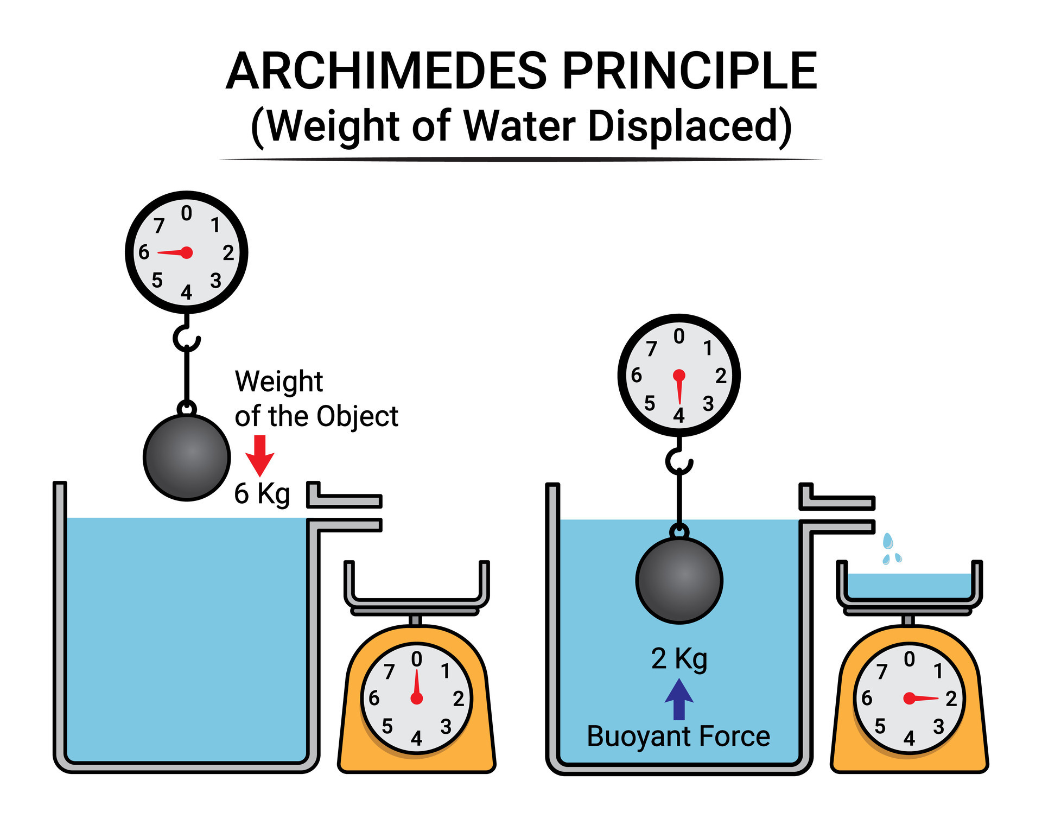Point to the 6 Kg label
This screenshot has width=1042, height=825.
click(262, 494)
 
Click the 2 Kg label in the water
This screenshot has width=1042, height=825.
click(679, 659)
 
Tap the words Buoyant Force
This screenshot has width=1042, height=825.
click(678, 737)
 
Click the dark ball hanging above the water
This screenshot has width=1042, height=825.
click(187, 457)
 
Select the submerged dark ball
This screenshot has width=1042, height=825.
click(679, 580)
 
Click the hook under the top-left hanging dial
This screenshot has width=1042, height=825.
click(186, 338)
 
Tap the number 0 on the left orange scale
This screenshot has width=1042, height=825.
click(416, 659)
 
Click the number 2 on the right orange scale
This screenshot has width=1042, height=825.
click(951, 699)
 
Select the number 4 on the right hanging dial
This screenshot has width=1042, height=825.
click(678, 416)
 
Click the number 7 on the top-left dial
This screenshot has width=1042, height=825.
click(158, 225)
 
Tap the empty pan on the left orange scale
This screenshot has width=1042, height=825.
click(416, 589)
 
